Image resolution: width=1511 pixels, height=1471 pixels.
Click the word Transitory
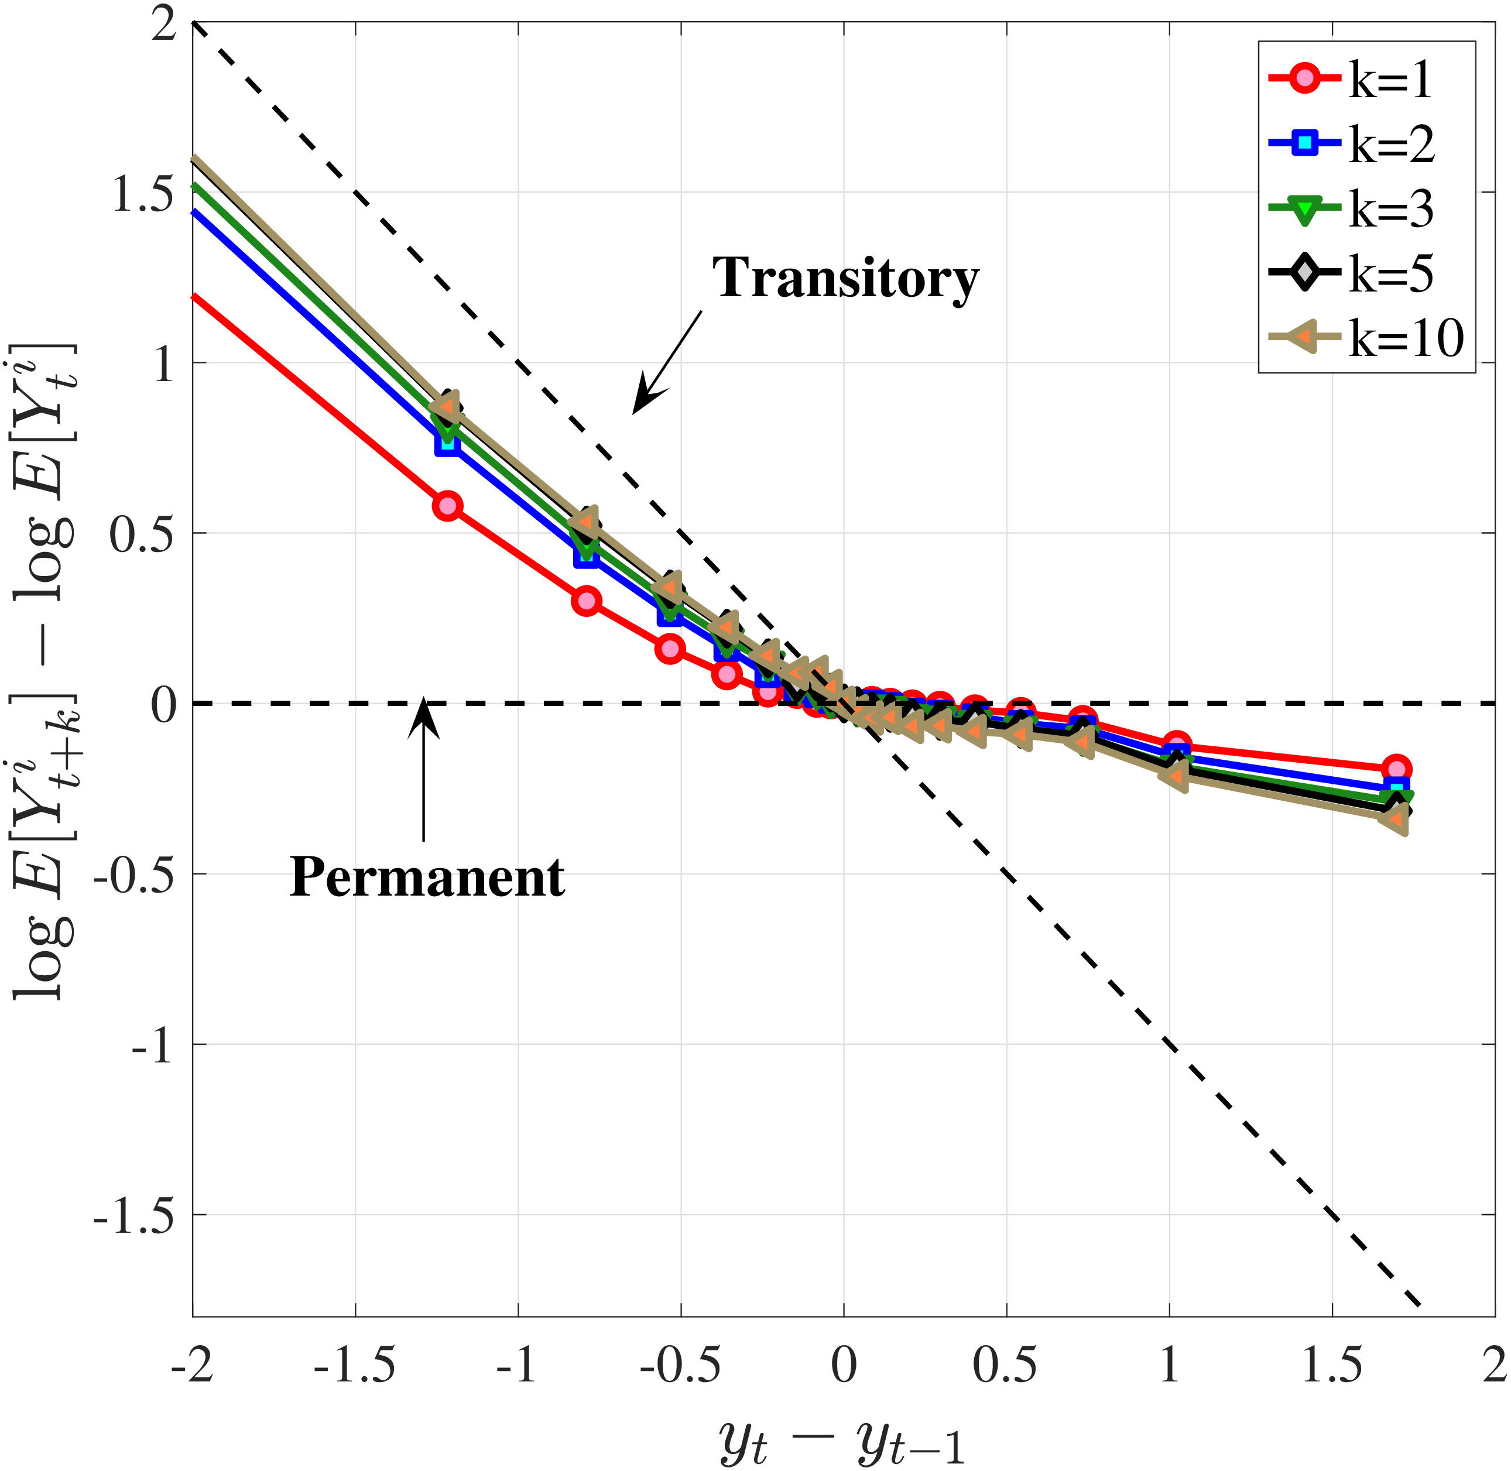845,278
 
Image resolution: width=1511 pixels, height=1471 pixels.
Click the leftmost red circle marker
448,507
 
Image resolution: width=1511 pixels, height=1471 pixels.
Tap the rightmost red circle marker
1396,769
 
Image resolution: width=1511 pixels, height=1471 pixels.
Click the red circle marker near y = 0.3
587,601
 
